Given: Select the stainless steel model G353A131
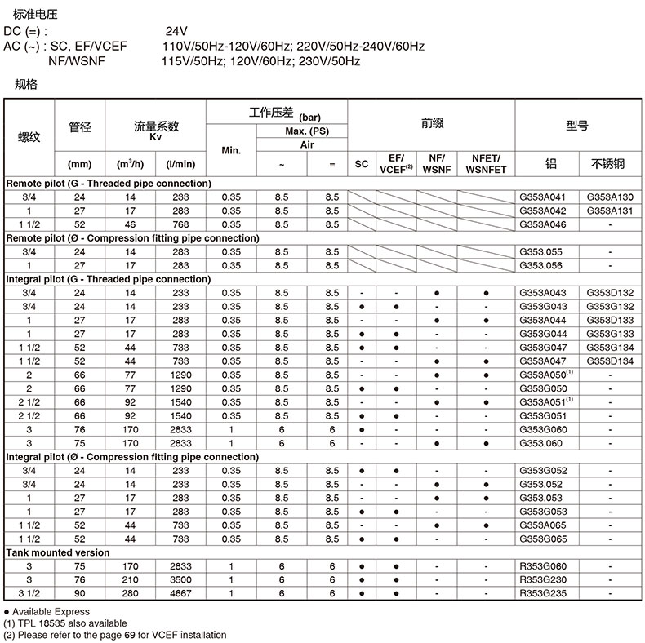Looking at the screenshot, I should click(x=609, y=211).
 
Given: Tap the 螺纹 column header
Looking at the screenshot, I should click(x=29, y=136).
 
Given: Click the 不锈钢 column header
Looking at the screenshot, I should click(x=609, y=163).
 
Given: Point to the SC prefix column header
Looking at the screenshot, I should click(x=362, y=163).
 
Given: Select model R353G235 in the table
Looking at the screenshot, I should click(x=541, y=593).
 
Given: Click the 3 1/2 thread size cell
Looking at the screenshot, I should click(x=29, y=593).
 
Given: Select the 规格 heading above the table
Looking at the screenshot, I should click(x=26, y=83).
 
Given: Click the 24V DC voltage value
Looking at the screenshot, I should click(x=177, y=32).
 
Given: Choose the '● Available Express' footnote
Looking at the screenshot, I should click(x=47, y=611).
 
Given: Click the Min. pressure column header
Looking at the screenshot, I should click(x=231, y=150).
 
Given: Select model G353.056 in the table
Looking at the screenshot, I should click(x=541, y=265).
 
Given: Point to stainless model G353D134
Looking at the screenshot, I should click(x=609, y=361).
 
